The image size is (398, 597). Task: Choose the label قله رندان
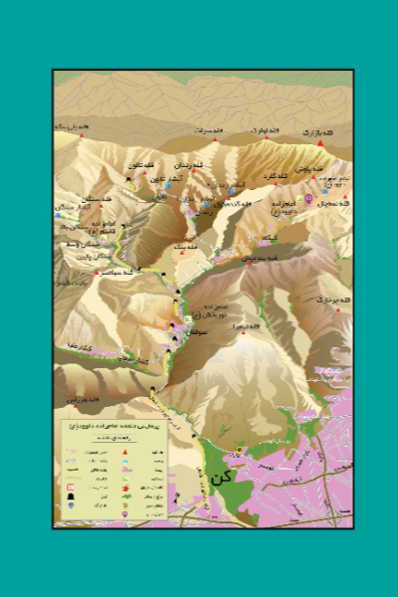(x=189, y=163)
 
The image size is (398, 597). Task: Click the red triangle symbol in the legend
(x=125, y=454)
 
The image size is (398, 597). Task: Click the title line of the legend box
(x=111, y=425)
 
